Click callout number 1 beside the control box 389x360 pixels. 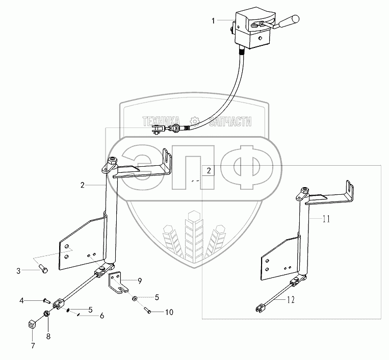214,20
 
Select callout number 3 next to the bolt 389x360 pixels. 18,271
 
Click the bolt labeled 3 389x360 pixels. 43,269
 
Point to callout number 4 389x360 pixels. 21,300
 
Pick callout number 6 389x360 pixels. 101,316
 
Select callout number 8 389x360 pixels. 48,336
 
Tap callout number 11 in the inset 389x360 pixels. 326,219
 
